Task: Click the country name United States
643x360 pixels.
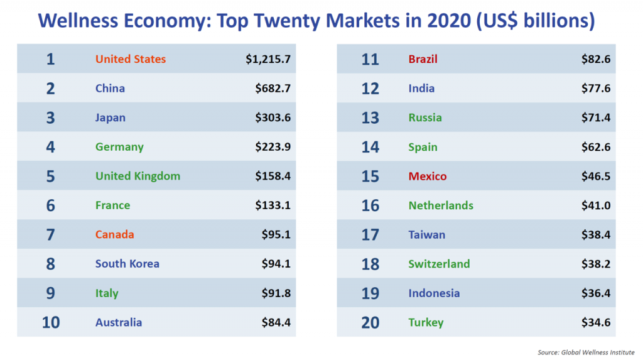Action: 131,59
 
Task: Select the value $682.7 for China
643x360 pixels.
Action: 273,89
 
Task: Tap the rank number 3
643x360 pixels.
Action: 50,117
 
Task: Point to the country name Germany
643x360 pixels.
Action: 119,147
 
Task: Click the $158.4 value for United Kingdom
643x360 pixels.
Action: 273,176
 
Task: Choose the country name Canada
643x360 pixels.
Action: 114,234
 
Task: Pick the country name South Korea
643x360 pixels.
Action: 127,264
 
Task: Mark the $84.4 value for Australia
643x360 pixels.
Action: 276,322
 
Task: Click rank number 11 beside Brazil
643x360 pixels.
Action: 370,60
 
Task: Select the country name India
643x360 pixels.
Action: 421,89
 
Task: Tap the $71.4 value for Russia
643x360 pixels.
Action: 596,117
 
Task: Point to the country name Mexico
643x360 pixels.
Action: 428,176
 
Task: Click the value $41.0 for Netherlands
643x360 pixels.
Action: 596,205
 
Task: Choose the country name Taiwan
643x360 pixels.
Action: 426,234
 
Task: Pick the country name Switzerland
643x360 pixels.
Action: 439,264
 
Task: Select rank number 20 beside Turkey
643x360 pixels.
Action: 370,322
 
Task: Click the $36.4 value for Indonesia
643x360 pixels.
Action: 596,293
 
